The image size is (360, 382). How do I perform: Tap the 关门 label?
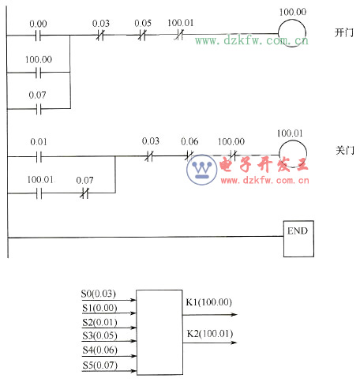[x=343, y=149]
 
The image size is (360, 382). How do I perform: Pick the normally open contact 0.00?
[x=38, y=36]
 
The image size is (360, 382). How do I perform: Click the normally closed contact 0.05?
[x=141, y=36]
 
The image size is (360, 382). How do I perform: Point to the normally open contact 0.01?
[x=38, y=156]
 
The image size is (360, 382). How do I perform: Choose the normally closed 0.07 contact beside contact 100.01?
[x=84, y=193]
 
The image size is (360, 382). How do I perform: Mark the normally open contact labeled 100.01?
[x=38, y=193]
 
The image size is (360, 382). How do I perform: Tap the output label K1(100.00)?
[x=209, y=302]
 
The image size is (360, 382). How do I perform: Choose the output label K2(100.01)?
[x=209, y=334]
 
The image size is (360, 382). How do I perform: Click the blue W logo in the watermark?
[x=204, y=168]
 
